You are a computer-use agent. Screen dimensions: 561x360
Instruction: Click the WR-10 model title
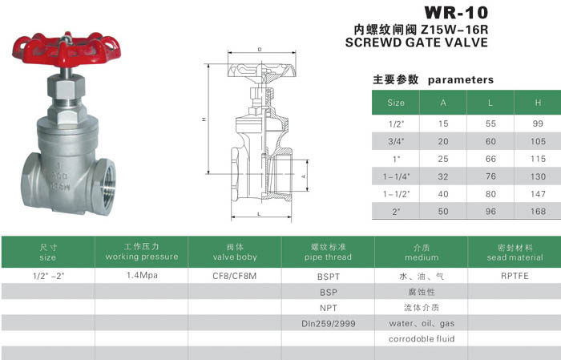click(x=456, y=13)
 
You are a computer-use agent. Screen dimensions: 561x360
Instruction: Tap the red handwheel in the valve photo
click(x=67, y=50)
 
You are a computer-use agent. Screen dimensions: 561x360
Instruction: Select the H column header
click(x=538, y=103)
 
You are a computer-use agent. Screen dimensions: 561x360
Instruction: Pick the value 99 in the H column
click(x=538, y=123)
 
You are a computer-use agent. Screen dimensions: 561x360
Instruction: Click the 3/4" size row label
click(x=396, y=141)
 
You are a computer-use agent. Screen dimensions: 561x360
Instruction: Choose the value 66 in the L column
click(x=490, y=159)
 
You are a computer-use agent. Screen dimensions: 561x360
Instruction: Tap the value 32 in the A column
click(x=443, y=176)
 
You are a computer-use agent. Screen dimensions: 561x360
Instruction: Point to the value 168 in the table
click(x=538, y=212)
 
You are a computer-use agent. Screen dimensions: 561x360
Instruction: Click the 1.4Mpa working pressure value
click(x=142, y=276)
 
